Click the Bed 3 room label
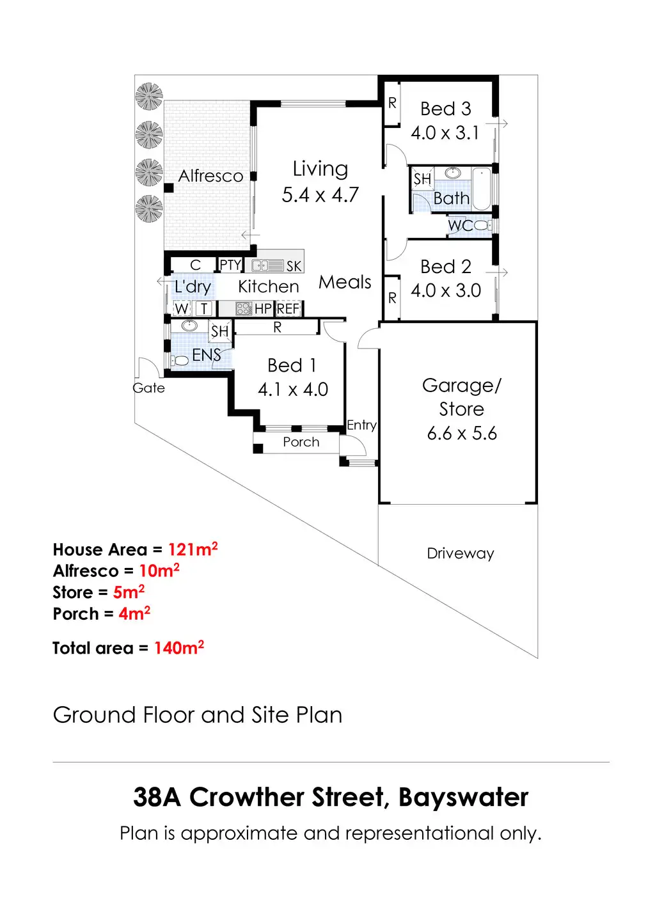tap(445, 109)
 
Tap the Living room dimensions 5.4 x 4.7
tap(320, 194)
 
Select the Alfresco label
tap(210, 176)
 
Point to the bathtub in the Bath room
tap(482, 188)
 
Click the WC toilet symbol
tap(482, 225)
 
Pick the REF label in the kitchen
tap(288, 309)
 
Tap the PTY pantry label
tap(230, 265)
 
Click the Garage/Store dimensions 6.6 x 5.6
tap(462, 433)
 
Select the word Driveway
tap(461, 553)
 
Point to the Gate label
tap(148, 388)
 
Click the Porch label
tap(301, 442)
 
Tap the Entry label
tap(361, 425)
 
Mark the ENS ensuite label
tap(206, 355)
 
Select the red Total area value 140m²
tap(179, 648)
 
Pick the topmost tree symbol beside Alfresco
tap(149, 97)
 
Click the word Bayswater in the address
tap(463, 798)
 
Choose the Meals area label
tap(345, 282)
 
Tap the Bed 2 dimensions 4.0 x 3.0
tap(445, 290)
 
